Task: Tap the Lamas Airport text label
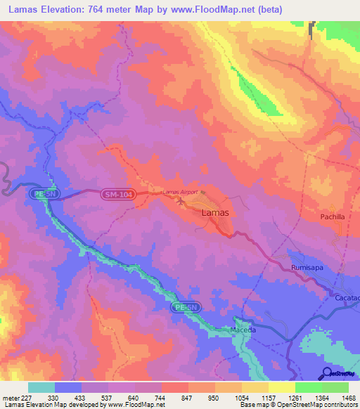180,192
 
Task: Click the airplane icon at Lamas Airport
182,202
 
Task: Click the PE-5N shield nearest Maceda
186,308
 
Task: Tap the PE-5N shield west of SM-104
42,192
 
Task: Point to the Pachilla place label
333,217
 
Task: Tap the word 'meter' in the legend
10,397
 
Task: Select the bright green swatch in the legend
308,387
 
